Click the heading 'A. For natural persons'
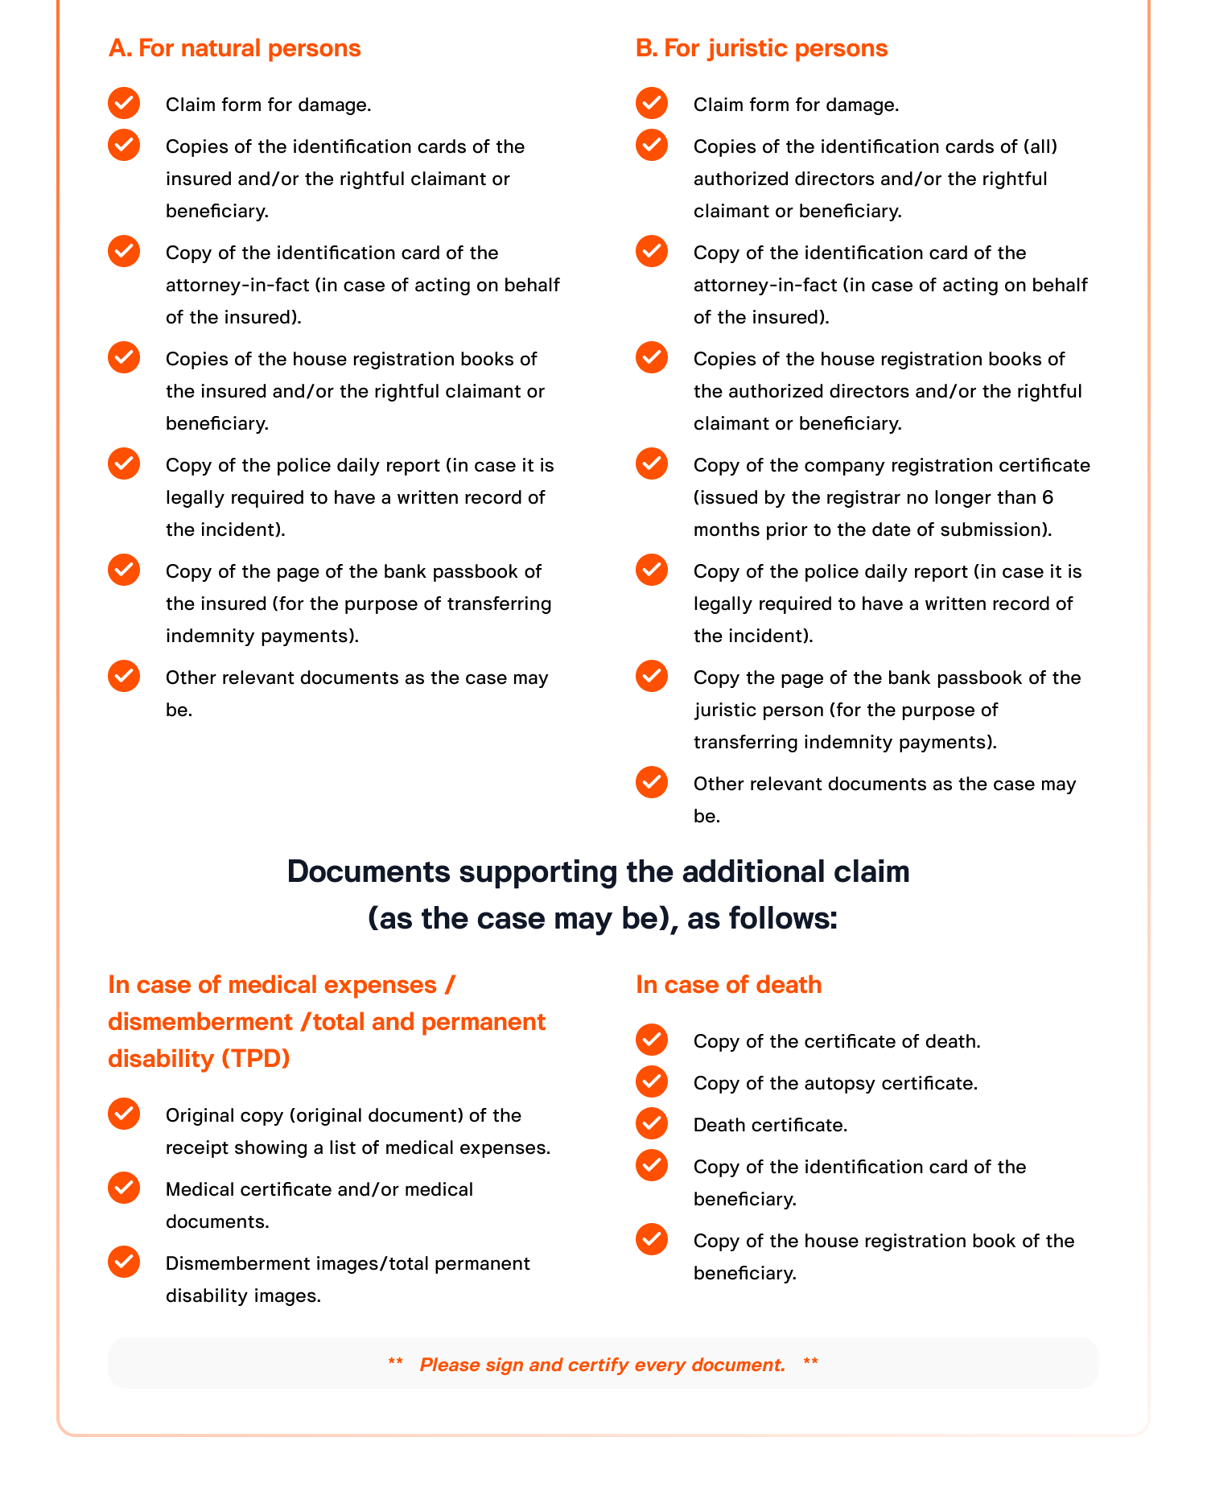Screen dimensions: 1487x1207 tap(234, 48)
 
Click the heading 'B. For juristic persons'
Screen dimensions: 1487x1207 tap(761, 48)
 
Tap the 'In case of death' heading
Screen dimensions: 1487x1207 tap(728, 985)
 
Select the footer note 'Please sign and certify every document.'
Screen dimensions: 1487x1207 tap(603, 1365)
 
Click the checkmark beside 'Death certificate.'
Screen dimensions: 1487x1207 tap(651, 1123)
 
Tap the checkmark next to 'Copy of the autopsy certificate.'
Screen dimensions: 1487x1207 tap(651, 1081)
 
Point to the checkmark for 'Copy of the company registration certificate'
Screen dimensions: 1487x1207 tap(651, 463)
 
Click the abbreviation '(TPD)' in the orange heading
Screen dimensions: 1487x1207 tap(255, 1058)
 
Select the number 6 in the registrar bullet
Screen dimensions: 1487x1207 tap(1047, 497)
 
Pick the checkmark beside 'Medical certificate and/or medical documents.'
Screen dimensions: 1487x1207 tap(124, 1188)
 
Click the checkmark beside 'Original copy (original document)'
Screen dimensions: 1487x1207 tap(124, 1114)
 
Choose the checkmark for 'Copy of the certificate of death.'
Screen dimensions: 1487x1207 tap(651, 1040)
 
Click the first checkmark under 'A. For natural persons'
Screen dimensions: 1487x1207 tap(124, 103)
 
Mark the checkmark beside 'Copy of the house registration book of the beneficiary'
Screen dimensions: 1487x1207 tap(651, 1239)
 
